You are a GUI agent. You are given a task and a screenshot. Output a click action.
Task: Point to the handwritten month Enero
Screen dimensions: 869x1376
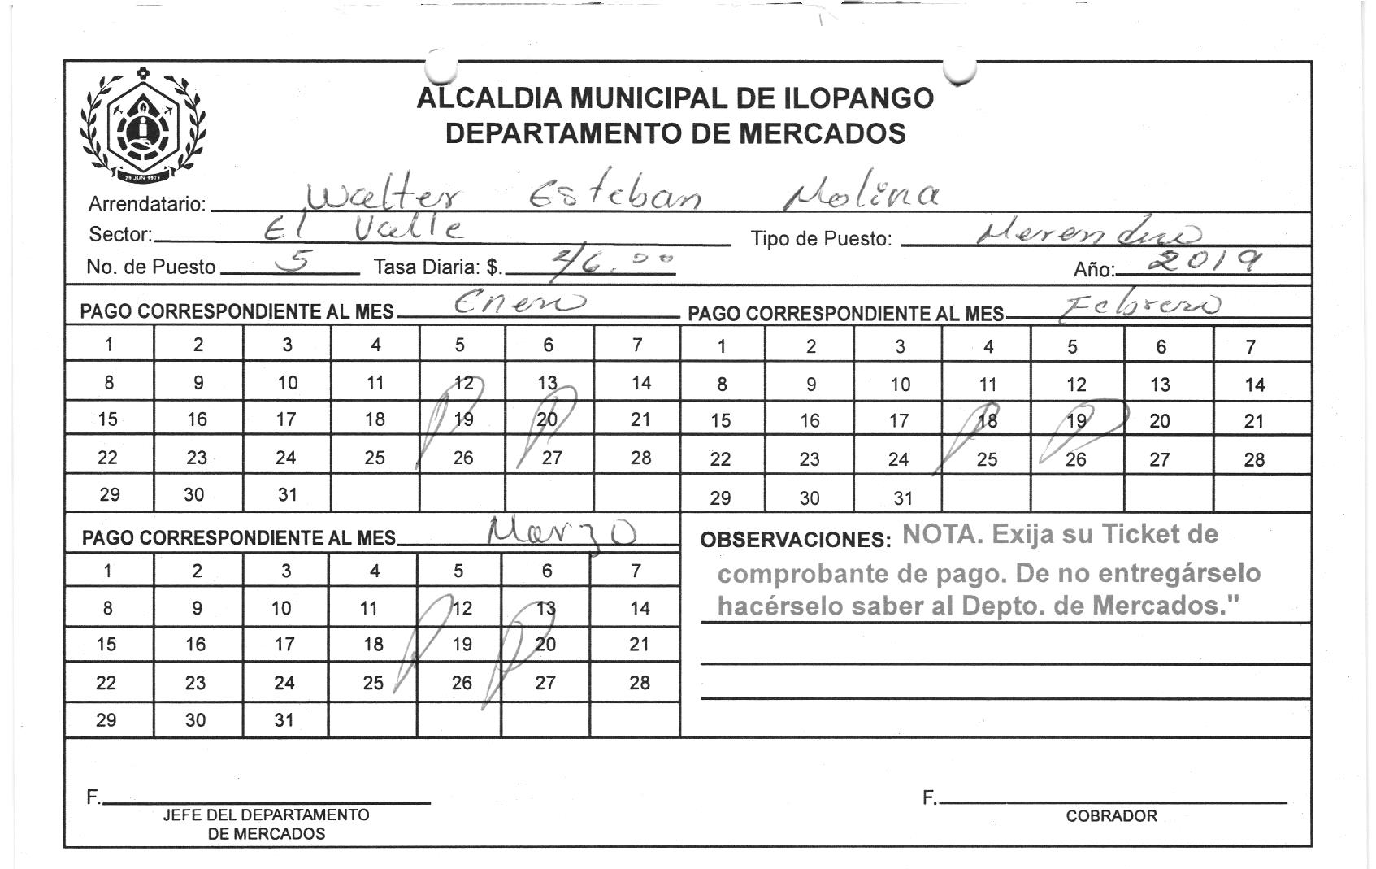pos(517,305)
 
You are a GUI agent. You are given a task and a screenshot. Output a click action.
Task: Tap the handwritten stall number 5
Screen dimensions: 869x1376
pos(290,259)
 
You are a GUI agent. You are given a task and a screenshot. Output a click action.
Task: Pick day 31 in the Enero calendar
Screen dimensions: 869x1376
pos(287,494)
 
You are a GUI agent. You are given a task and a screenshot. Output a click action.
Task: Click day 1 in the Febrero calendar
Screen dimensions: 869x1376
pos(721,346)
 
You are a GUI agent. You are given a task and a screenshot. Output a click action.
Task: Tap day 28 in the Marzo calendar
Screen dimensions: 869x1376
pos(639,683)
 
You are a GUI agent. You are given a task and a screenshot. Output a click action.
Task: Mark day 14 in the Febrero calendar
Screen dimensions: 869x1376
pos(1254,385)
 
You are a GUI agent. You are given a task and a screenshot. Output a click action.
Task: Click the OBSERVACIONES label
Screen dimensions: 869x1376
pos(794,540)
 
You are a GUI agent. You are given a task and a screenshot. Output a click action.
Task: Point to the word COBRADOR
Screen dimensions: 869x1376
pos(1111,816)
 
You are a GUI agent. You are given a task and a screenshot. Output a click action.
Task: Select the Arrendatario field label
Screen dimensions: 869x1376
pos(146,204)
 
